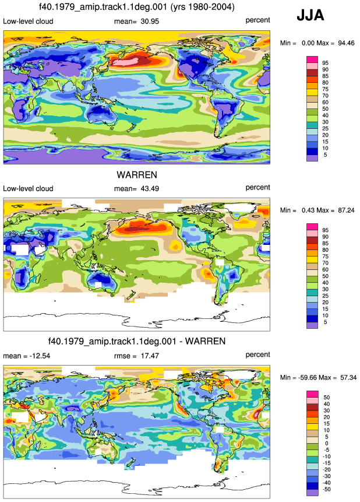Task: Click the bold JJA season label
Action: [310, 15]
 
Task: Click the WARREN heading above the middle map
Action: [137, 175]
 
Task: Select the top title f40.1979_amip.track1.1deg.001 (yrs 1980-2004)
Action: [137, 7]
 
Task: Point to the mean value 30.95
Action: [150, 22]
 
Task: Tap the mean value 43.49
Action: [150, 189]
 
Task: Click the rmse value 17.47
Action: [150, 356]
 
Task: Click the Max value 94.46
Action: [346, 43]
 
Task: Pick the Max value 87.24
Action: [346, 210]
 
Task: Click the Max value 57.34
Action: [348, 378]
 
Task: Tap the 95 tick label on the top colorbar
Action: [325, 63]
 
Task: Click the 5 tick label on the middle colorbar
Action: [325, 322]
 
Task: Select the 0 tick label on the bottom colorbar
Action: [326, 444]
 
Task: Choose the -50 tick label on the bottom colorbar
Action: [326, 489]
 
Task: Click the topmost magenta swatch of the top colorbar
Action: [312, 59]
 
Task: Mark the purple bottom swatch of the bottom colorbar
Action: [312, 493]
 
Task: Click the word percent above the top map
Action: [257, 20]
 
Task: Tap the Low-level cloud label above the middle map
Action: [28, 188]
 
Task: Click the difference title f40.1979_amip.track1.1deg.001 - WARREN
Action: [137, 341]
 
